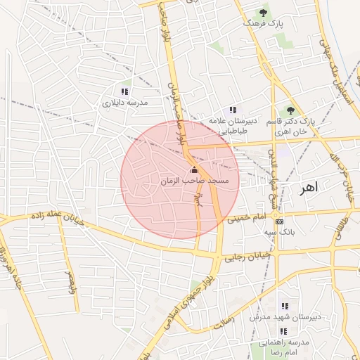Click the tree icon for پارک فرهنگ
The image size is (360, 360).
(x=263, y=13)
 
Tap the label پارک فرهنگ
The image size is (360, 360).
(x=263, y=24)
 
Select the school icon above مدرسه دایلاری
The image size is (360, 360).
(x=124, y=91)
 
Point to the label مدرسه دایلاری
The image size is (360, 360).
(x=125, y=103)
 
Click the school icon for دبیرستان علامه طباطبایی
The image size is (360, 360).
(x=233, y=110)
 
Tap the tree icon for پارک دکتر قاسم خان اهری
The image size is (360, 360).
(x=290, y=110)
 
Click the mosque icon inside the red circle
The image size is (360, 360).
(x=194, y=170)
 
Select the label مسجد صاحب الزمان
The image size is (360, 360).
(x=194, y=181)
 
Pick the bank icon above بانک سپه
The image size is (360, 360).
(x=279, y=221)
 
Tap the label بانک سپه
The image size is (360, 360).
(x=279, y=231)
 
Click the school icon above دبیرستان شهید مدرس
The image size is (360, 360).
(x=285, y=306)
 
